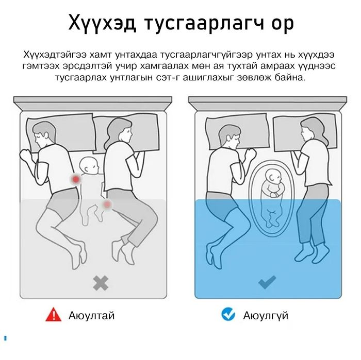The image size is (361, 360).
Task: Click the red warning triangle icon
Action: click(x=53, y=315)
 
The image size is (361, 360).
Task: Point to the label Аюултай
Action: click(x=91, y=315)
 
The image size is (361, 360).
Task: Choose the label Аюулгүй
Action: click(x=266, y=315)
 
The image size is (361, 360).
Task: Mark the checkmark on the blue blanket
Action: click(x=267, y=282)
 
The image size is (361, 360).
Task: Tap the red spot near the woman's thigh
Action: click(x=107, y=204)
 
